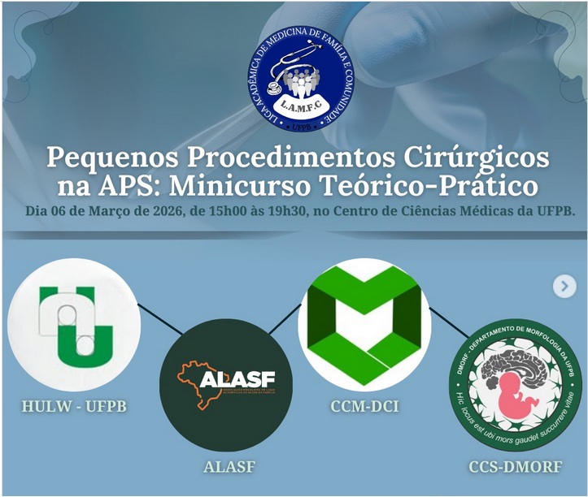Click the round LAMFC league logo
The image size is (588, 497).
pyautogui.click(x=302, y=79)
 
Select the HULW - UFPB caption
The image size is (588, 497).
pyautogui.click(x=76, y=405)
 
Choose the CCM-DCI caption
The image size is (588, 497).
pyautogui.click(x=364, y=405)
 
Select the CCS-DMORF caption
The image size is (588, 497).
pyautogui.click(x=515, y=467)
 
